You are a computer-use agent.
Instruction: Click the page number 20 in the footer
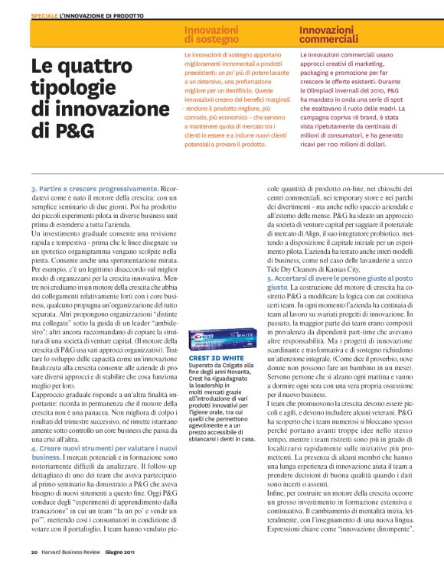point(34,551)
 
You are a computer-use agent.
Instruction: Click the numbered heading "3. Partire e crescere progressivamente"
point(94,187)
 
